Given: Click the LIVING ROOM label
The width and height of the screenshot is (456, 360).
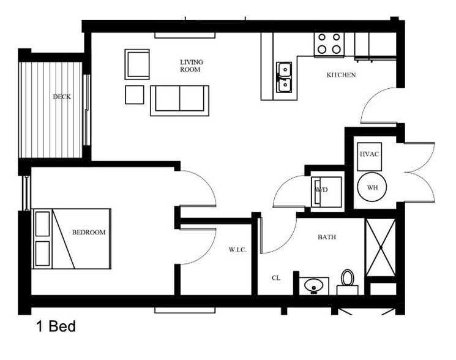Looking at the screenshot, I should coord(191,66).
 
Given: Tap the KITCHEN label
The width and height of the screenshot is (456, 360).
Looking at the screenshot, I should coord(341,75).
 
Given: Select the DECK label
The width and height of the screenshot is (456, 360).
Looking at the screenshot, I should coord(61,96).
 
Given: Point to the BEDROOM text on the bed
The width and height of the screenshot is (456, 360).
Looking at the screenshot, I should coord(89,232).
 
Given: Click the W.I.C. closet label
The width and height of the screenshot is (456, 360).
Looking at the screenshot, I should coord(237,249).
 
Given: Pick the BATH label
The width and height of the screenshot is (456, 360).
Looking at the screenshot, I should coord(326,237).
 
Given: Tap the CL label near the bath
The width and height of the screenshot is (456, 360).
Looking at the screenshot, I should coord(276,277).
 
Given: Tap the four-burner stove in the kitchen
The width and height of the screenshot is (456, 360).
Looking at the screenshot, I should coord(329,44).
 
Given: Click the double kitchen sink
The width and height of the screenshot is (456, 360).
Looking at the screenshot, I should coord(284,77).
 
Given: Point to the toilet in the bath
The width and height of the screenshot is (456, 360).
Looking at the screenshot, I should coord(348,280).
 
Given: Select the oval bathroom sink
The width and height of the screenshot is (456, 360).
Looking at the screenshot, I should coord(315,285).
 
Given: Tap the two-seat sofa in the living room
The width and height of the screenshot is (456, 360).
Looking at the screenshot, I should coord(179,100).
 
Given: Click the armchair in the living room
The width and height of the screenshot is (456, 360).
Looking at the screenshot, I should coord(137,64).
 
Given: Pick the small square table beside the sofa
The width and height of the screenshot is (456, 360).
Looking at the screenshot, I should coord(135,94).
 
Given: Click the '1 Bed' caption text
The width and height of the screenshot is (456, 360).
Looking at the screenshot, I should coord(56,326).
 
